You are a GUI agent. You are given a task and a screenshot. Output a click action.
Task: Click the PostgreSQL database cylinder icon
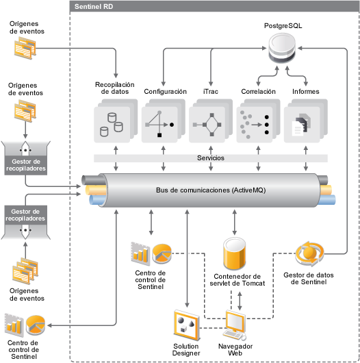282,48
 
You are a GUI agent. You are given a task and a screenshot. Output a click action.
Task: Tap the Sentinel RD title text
94,7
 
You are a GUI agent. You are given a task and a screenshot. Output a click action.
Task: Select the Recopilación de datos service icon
116,121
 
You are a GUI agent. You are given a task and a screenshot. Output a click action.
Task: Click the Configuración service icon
164,121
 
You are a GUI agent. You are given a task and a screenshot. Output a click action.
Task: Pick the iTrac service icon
211,121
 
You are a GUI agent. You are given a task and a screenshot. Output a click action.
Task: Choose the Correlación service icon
258,121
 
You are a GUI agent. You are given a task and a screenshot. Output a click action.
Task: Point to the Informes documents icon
306,121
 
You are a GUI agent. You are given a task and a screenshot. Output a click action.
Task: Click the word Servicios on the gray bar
211,158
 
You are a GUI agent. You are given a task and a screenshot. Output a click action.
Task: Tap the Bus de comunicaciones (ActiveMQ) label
211,190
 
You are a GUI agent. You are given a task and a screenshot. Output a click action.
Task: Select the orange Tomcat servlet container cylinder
234,253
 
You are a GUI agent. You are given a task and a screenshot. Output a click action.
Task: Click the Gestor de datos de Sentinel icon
309,253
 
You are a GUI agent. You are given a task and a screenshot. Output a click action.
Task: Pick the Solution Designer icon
187,325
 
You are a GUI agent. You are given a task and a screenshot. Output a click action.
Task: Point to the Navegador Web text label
235,349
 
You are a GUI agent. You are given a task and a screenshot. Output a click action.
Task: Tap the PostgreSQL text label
283,26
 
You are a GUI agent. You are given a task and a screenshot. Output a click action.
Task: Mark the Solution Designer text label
186,349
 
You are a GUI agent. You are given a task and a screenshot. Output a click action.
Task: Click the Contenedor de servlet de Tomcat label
237,279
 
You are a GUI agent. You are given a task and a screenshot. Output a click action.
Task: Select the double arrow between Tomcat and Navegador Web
240,301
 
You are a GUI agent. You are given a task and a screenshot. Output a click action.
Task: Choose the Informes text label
306,92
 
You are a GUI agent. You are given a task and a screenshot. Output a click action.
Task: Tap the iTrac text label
211,92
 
